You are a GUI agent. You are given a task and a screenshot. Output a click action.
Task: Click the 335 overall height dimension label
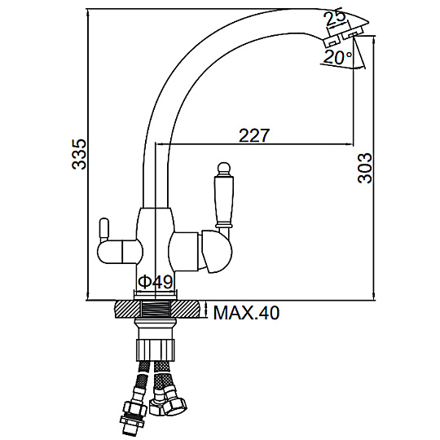79,154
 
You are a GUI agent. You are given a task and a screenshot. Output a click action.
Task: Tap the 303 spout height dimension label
364,169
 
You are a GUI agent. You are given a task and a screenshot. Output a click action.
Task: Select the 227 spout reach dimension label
254,135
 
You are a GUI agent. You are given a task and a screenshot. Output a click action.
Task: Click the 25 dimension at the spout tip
335,17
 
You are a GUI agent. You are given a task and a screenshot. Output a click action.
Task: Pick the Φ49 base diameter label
156,282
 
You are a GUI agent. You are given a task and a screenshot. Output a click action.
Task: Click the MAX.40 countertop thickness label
246,313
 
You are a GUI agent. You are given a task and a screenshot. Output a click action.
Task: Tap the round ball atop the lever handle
223,168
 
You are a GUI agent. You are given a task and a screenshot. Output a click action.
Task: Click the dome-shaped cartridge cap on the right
217,252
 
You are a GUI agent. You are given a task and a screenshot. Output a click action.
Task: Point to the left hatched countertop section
128,310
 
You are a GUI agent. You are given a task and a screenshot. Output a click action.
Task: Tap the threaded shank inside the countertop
156,310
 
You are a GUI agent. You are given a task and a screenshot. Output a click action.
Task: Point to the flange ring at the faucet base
156,295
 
